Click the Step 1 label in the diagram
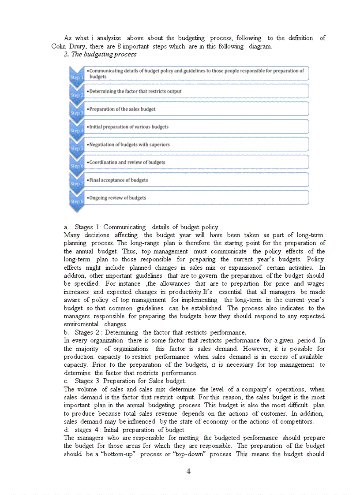tap(76, 78)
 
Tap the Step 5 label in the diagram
tap(76, 149)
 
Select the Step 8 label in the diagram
tap(76, 201)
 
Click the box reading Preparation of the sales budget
tap(196, 109)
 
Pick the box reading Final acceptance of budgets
tap(196, 180)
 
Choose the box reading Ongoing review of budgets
tap(196, 197)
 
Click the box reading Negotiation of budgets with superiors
tap(196, 145)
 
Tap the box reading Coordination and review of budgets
tap(196, 162)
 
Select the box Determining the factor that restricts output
tap(196, 91)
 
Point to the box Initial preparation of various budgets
tap(196, 127)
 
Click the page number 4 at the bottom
tap(188, 471)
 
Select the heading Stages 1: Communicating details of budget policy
tap(146, 227)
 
